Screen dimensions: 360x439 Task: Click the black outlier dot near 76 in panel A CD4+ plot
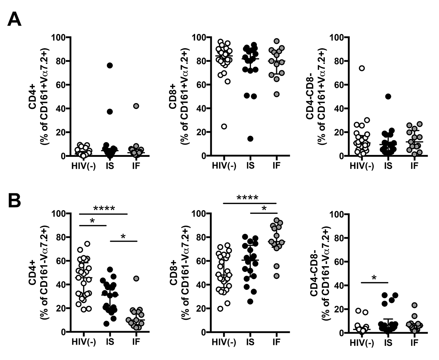(110, 65)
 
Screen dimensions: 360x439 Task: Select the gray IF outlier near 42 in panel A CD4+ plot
(136, 106)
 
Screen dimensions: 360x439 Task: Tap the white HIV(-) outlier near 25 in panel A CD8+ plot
(224, 126)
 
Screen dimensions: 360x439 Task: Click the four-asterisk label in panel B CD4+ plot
(104, 209)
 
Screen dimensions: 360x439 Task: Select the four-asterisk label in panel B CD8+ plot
(247, 198)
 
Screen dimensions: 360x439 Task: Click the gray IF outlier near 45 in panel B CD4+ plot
(136, 278)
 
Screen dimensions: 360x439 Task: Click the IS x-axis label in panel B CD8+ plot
(250, 343)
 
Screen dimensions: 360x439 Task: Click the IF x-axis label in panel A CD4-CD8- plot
(414, 167)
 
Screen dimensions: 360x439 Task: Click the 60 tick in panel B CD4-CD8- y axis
(341, 261)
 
